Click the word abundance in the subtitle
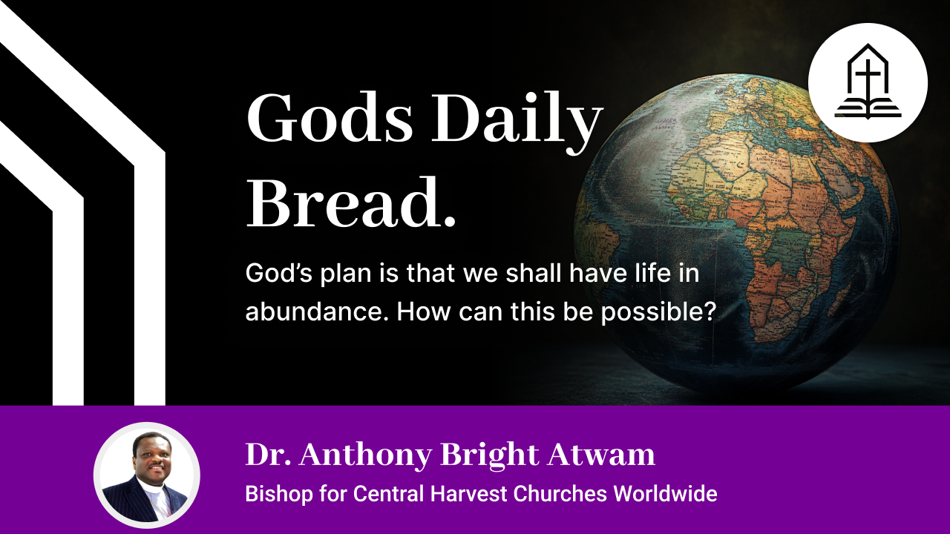tap(316, 311)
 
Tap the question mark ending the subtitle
tap(708, 311)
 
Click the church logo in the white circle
tap(868, 82)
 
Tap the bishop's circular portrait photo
tap(146, 475)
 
